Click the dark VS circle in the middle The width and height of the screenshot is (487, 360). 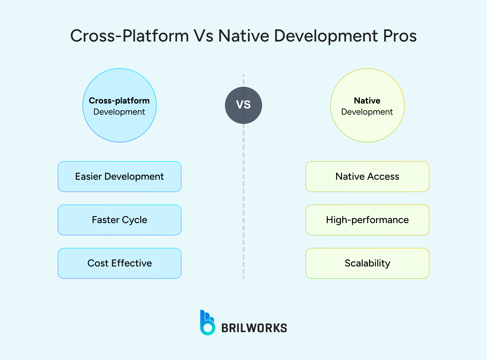click(x=243, y=105)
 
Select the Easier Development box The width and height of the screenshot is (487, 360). click(x=120, y=177)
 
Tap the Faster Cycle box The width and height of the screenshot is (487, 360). click(x=120, y=220)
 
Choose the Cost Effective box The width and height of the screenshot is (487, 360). click(x=120, y=263)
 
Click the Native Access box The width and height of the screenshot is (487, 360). click(x=367, y=177)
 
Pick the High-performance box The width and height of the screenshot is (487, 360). click(x=367, y=220)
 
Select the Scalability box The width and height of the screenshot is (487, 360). click(x=367, y=263)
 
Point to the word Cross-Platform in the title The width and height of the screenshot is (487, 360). click(x=129, y=36)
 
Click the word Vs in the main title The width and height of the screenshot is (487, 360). click(x=204, y=36)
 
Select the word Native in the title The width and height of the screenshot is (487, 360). click(x=244, y=36)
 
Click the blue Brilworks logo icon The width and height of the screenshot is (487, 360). click(x=207, y=323)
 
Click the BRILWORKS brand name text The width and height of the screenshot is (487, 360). click(x=254, y=328)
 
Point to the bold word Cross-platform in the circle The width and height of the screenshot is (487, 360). click(x=119, y=101)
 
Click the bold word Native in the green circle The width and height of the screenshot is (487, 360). click(x=367, y=101)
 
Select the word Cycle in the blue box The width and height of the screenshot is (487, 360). click(x=134, y=220)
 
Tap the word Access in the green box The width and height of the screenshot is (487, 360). click(x=383, y=177)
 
